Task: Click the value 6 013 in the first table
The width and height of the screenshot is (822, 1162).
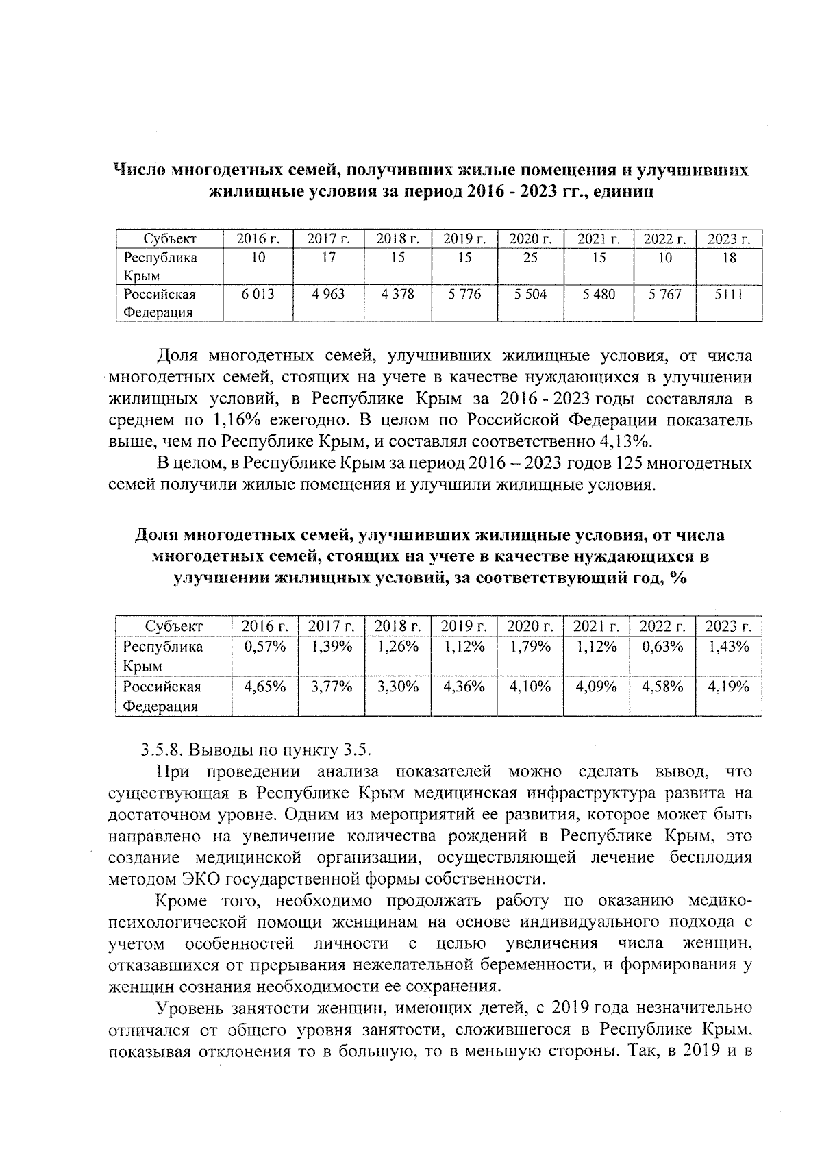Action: point(258,294)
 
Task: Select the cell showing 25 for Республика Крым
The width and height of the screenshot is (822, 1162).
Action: point(530,258)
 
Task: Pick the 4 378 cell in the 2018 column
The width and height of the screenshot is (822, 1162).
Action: point(397,294)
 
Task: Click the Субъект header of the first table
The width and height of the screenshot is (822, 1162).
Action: point(170,238)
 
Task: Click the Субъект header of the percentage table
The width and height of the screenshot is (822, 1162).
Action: point(174,626)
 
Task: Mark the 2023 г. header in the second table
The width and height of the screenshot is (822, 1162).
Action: point(729,626)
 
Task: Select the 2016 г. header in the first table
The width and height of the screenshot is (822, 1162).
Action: point(258,238)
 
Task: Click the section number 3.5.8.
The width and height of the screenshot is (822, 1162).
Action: point(162,749)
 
